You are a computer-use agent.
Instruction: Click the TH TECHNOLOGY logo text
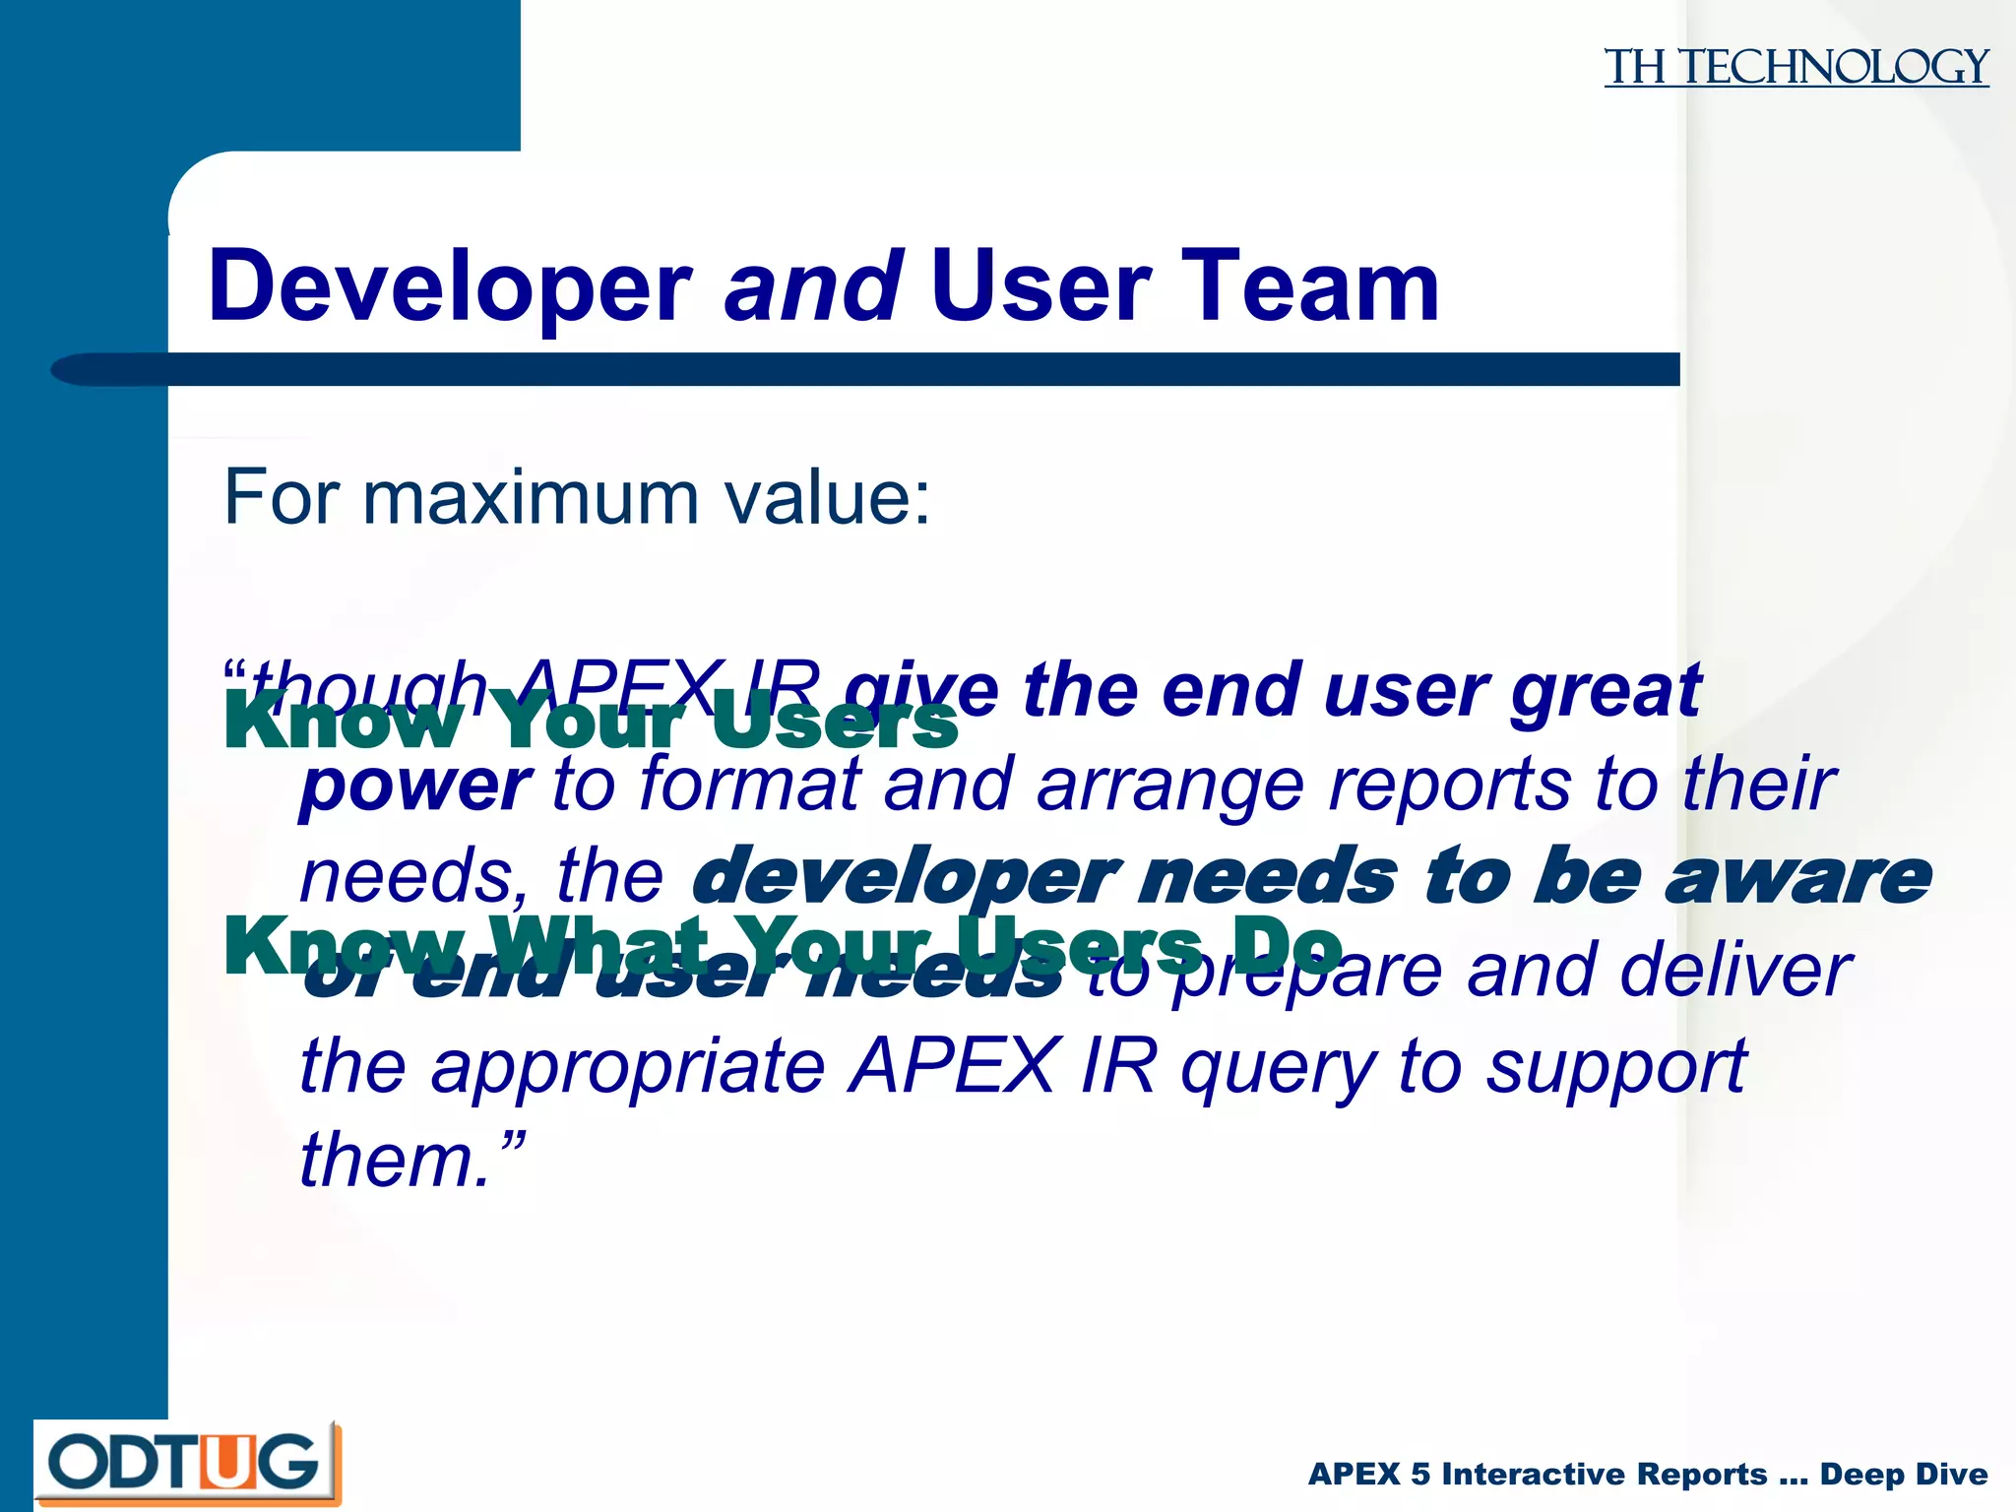tap(1795, 67)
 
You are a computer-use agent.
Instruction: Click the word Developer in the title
tap(451, 286)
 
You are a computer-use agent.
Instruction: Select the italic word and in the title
tap(813, 286)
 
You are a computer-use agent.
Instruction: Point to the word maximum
tap(533, 497)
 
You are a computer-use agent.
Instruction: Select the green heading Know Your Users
tap(591, 723)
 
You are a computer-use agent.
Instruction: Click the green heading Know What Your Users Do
tap(783, 945)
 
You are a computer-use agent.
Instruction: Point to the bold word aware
tap(1797, 876)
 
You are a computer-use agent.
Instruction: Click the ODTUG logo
tap(187, 1463)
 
